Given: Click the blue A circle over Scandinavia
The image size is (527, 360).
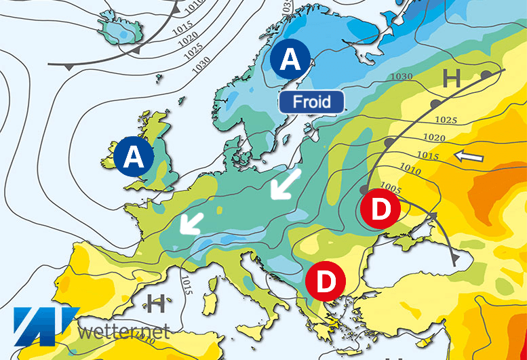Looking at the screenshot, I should point(290,60).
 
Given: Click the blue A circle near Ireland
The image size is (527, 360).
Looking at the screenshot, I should point(134,157).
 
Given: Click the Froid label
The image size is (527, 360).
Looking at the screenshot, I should point(312,102).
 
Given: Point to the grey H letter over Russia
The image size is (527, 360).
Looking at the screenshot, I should point(451,79).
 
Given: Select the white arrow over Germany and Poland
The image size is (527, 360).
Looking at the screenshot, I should point(284,185).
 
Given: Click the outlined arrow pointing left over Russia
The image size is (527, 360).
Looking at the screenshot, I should point(469,157).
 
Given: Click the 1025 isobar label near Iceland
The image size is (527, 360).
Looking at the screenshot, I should point(193,49).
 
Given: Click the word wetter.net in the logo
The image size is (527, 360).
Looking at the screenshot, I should point(122,332).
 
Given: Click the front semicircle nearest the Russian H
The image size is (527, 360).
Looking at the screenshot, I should point(486,73).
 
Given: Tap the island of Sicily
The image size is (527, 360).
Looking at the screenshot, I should point(256,332).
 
